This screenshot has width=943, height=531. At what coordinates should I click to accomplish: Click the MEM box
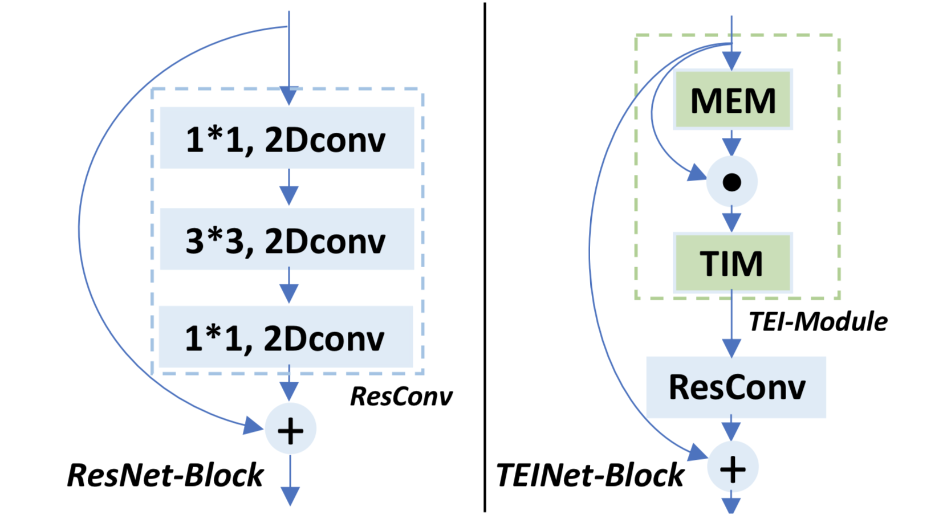click(733, 100)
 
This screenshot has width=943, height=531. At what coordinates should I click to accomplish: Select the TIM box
click(732, 263)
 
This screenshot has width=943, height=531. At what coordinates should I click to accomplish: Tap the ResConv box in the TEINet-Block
click(736, 387)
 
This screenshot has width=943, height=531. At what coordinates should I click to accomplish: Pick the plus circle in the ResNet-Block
click(290, 430)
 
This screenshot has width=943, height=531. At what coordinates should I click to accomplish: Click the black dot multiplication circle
click(731, 182)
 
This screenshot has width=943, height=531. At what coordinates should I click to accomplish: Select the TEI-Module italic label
click(818, 322)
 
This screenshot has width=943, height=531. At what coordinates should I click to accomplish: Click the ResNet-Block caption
click(165, 475)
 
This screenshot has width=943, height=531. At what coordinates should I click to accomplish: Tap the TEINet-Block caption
click(590, 475)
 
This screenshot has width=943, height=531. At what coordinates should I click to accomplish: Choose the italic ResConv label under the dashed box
click(401, 396)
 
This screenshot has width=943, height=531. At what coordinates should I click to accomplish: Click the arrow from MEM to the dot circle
click(731, 144)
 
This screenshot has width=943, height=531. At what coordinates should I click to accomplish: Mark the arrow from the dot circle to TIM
click(731, 220)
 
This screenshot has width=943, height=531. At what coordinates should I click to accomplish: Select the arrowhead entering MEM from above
click(731, 60)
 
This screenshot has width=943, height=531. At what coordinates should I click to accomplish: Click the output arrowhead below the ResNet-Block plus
click(290, 496)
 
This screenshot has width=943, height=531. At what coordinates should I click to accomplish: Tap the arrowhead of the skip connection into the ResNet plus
click(253, 425)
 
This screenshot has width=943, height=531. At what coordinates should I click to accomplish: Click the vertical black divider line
click(485, 256)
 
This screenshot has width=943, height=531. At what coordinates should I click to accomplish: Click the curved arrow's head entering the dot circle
click(697, 173)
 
